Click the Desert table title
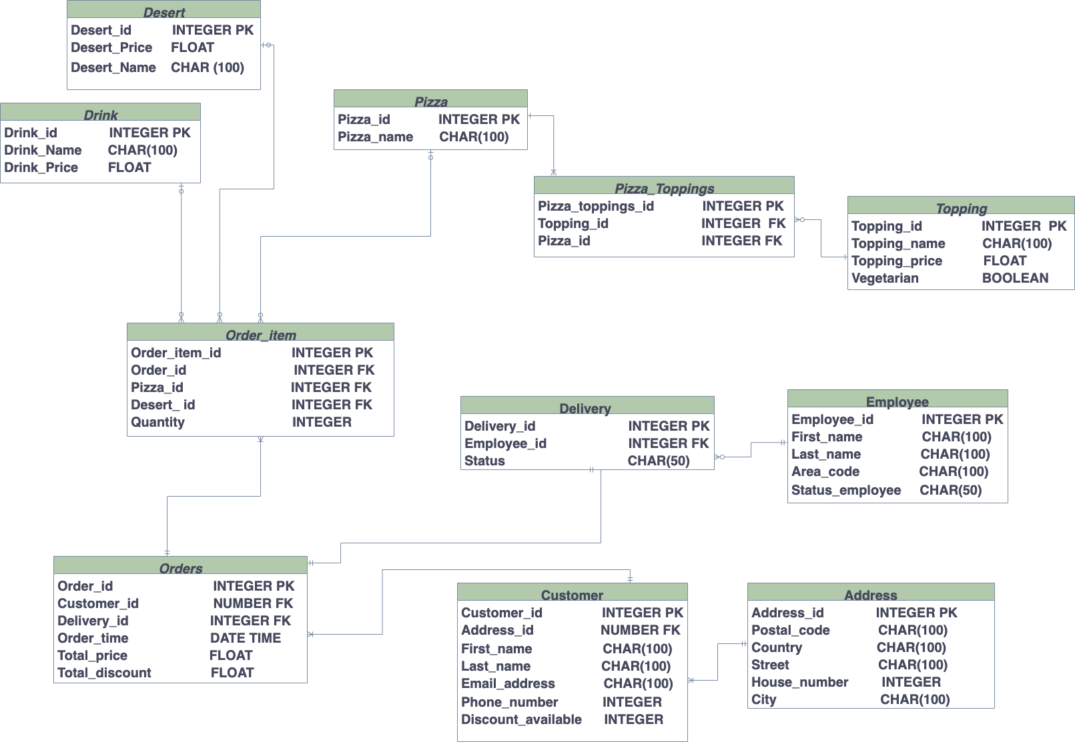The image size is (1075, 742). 164,13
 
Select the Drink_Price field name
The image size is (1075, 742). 41,168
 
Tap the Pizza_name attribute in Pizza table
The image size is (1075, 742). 375,137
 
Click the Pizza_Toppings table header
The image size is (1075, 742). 664,189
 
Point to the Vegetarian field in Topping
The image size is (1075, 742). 885,279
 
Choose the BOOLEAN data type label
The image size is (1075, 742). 1015,279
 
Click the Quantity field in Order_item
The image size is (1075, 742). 157,423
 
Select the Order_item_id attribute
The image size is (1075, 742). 175,353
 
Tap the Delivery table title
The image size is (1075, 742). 585,409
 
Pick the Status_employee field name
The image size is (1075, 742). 846,491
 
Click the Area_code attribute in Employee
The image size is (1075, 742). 825,472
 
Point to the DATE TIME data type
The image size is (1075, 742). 246,639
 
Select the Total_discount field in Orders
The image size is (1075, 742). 104,673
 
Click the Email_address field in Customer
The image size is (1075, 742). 508,684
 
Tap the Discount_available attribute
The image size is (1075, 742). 521,720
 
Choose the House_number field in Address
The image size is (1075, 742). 799,683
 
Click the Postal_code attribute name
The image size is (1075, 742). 791,631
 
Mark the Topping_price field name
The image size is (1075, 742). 897,261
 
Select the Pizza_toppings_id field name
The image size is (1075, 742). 596,207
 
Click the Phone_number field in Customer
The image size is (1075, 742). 509,703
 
